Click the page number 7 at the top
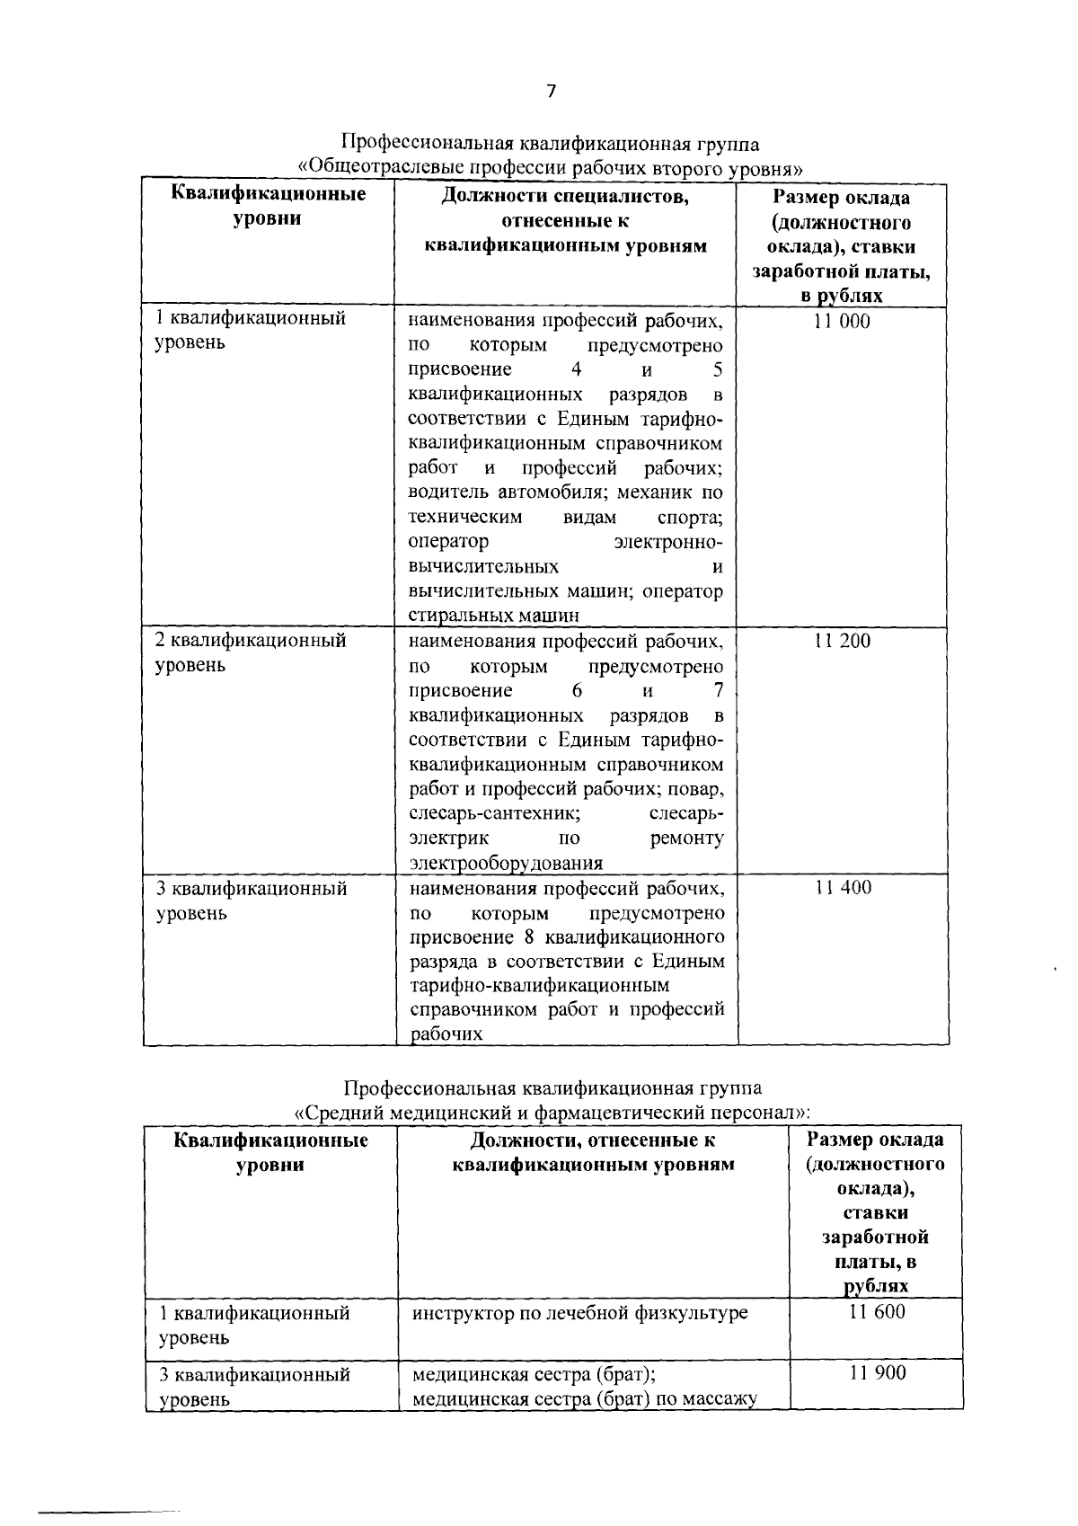tap(551, 91)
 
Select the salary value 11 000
tap(842, 322)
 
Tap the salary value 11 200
tap(842, 642)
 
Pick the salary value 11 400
tap(843, 889)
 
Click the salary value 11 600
tap(877, 1312)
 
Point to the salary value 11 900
tap(878, 1373)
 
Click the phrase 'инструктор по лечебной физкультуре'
tap(579, 1313)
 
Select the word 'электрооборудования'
tap(506, 864)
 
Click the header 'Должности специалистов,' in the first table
tap(565, 197)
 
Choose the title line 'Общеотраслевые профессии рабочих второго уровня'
tap(550, 167)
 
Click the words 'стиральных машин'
tap(493, 616)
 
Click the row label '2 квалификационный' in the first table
tap(251, 642)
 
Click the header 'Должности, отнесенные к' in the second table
tap(593, 1141)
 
